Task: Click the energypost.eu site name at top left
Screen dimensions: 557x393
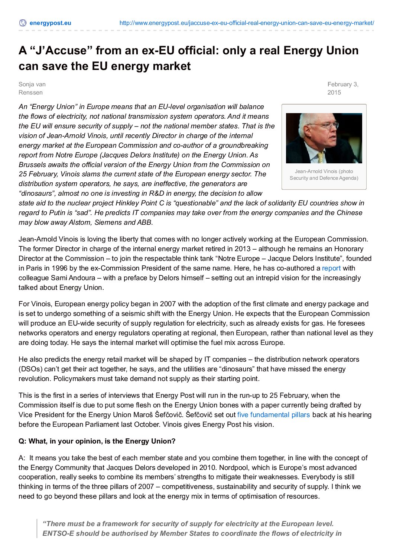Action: click(x=50, y=23)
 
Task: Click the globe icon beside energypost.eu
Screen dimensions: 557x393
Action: click(x=23, y=23)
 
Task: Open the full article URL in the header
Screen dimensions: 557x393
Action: click(x=247, y=23)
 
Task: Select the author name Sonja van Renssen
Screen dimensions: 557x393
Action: click(x=32, y=89)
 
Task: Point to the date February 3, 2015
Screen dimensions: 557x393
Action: click(x=342, y=89)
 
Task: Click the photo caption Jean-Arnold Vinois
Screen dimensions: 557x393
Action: click(x=324, y=175)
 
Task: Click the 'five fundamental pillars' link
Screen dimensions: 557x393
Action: click(x=273, y=415)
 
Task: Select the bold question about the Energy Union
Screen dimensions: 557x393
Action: click(x=97, y=441)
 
